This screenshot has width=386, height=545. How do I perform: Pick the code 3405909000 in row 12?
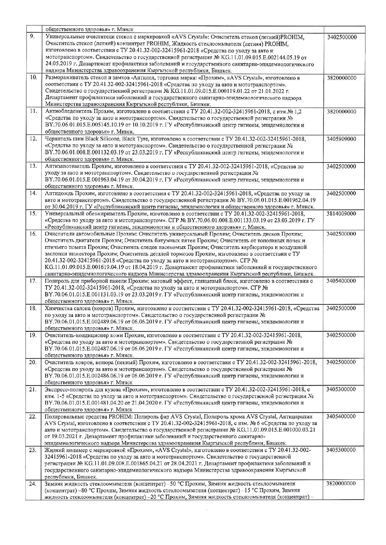point(341,139)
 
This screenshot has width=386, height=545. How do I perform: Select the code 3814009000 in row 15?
point(341,213)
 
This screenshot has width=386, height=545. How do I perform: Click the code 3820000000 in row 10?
point(341,78)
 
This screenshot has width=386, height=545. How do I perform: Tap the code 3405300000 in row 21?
point(341,389)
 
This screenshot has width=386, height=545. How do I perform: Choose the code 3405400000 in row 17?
point(341,281)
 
